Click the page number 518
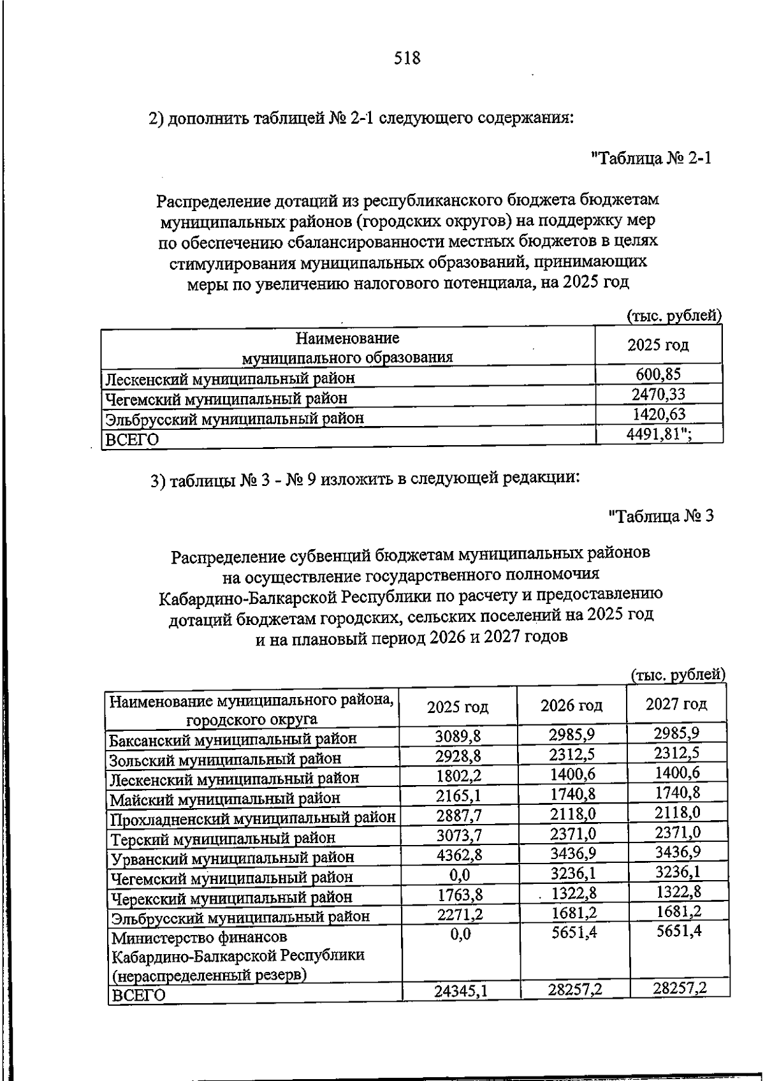tap(407, 59)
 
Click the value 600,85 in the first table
tap(658, 374)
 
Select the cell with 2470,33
tap(658, 394)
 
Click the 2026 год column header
tap(571, 705)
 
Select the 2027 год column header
tap(676, 704)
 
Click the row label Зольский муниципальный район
tap(225, 759)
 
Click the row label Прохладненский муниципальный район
tap(252, 818)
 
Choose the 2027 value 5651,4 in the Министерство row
tap(678, 931)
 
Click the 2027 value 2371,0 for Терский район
tap(677, 832)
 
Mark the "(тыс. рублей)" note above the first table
tap(674, 316)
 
